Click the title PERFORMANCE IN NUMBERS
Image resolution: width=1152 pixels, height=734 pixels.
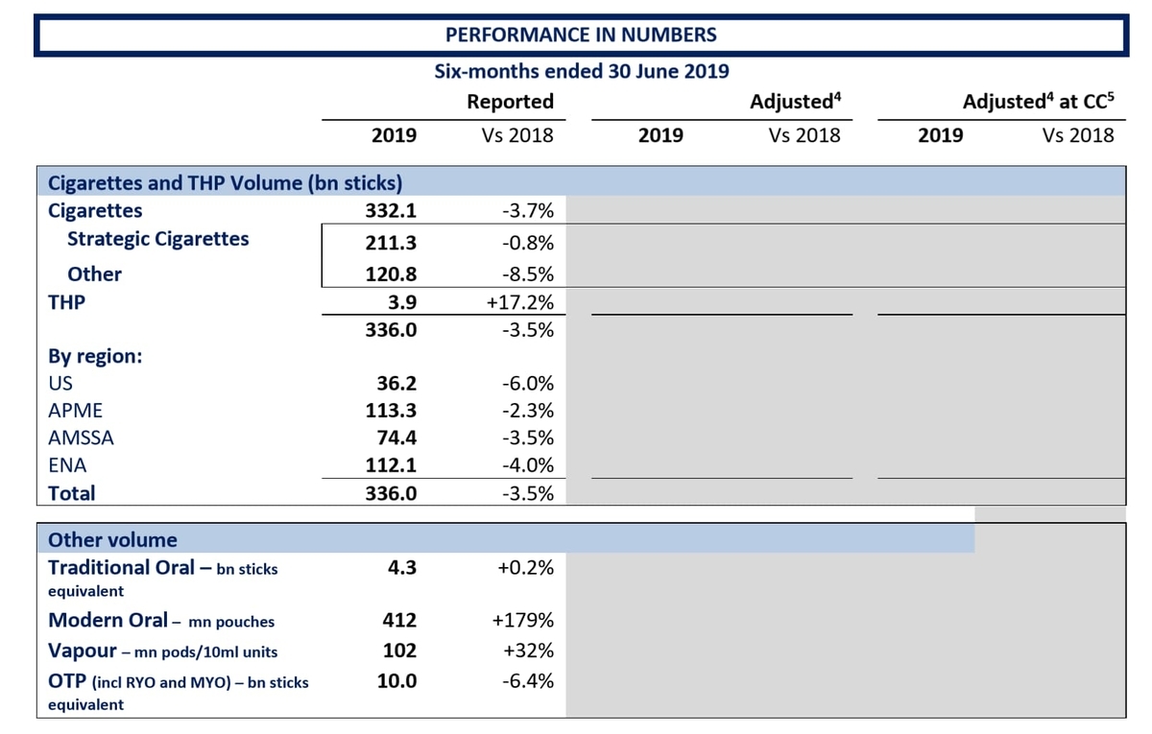tap(581, 35)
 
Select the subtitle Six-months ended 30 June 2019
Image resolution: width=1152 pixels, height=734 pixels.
tap(581, 71)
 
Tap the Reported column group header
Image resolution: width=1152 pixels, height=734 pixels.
tap(510, 102)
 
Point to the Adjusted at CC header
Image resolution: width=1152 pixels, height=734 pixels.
tap(1038, 102)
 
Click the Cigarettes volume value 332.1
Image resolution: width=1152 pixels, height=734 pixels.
tap(391, 211)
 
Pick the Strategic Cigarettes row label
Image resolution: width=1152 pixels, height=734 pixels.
tap(157, 239)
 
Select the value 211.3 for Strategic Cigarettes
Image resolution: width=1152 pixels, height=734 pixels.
tap(391, 243)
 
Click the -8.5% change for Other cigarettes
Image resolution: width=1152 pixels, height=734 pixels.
tap(528, 274)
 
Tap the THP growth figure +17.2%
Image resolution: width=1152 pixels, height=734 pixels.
tap(520, 302)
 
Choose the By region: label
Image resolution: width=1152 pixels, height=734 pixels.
tap(95, 356)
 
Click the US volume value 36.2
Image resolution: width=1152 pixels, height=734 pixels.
tap(396, 384)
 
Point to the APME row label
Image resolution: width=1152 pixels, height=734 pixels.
tap(76, 411)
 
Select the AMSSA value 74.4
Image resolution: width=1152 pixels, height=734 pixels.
tap(396, 438)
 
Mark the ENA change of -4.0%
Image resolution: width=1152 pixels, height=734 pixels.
tap(528, 465)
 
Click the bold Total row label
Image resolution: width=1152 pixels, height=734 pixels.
tap(71, 493)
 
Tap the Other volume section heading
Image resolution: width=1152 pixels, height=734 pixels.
tap(112, 540)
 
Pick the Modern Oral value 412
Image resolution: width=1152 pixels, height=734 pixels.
tap(399, 621)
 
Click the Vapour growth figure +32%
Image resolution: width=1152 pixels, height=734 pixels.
tap(528, 651)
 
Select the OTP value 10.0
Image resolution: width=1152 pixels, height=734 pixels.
tap(396, 681)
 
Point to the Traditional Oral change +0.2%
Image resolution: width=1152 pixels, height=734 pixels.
tap(526, 568)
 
